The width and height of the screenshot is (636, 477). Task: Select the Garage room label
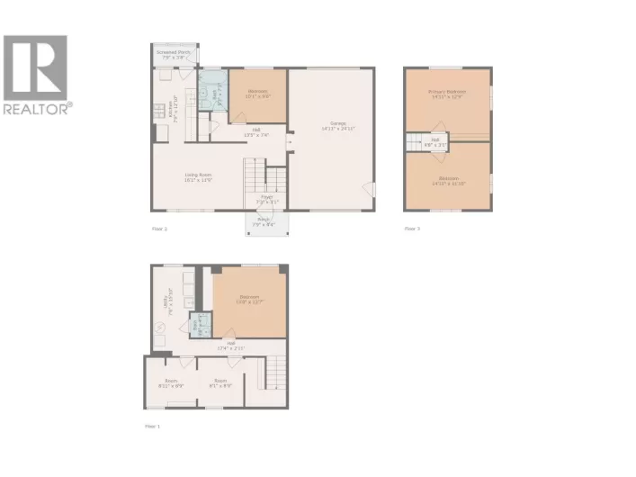(x=338, y=126)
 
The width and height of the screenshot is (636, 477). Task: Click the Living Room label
(x=198, y=177)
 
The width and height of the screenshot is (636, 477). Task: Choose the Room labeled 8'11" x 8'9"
(x=171, y=382)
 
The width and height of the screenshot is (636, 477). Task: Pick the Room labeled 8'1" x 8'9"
(x=219, y=382)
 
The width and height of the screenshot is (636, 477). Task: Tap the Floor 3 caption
(x=412, y=229)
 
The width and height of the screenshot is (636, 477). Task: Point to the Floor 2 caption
(x=159, y=229)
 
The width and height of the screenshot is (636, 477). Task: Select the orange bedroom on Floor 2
(x=257, y=95)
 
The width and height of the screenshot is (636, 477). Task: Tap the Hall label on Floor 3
(x=434, y=142)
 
